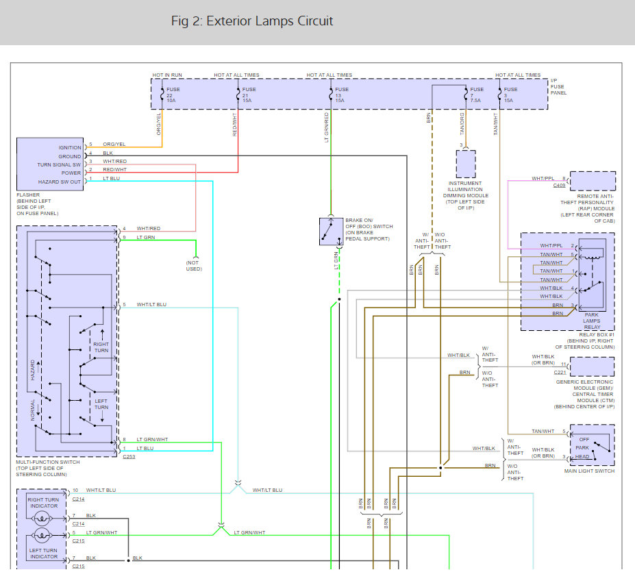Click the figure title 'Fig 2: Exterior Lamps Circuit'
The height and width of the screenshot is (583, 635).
[x=252, y=21]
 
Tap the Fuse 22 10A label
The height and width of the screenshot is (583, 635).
[x=173, y=95]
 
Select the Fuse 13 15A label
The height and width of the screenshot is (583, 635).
[x=341, y=95]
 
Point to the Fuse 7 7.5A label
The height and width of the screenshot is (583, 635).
[x=476, y=95]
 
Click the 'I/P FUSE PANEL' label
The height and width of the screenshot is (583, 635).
[x=558, y=87]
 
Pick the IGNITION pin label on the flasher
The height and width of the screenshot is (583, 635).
[x=70, y=148]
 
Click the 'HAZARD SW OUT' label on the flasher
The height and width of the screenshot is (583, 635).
[x=60, y=182]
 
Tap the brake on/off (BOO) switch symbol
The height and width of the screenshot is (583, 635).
[x=332, y=232]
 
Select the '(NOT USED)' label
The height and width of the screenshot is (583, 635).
[x=194, y=266]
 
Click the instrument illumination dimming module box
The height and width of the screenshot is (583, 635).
[x=466, y=164]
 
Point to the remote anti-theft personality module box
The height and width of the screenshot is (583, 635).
[x=593, y=181]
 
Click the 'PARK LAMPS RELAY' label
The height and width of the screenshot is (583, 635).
[x=592, y=321]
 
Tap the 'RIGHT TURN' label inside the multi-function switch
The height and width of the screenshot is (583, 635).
[x=101, y=347]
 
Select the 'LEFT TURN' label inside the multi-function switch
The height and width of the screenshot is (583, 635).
[x=101, y=404]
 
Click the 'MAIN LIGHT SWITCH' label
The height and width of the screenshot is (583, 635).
[x=589, y=471]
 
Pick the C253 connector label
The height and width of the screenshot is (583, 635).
[x=129, y=456]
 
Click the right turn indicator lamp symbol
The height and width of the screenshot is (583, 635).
[x=42, y=518]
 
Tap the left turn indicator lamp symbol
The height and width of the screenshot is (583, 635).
[x=42, y=536]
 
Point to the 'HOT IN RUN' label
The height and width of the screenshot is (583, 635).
[x=167, y=75]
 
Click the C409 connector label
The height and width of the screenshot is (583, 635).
[x=559, y=185]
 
